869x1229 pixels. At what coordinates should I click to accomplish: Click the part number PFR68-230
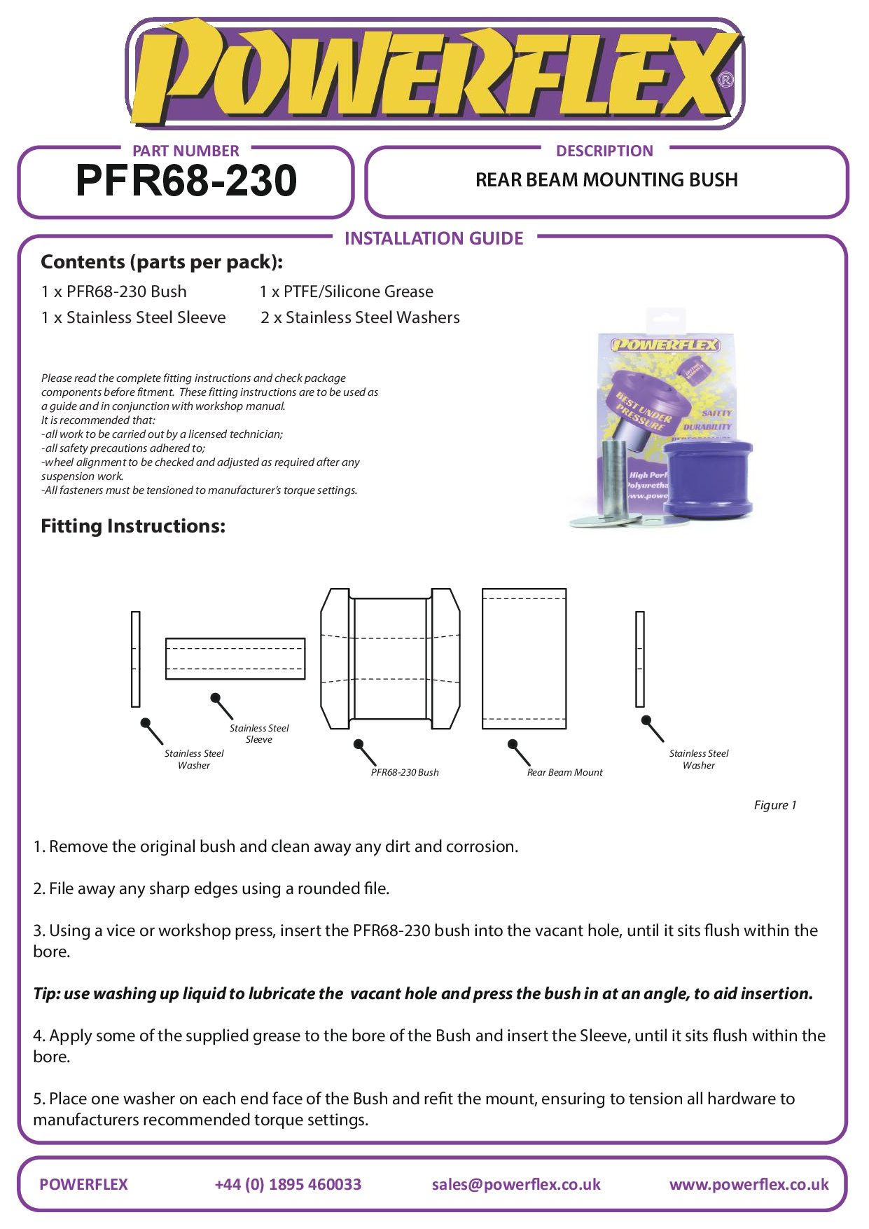point(186,181)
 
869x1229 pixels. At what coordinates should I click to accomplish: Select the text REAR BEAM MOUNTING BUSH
point(606,180)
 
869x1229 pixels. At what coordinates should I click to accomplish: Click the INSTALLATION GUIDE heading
point(433,239)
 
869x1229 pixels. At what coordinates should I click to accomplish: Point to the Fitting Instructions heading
point(133,526)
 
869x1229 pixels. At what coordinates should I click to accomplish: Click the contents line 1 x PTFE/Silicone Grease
point(346,291)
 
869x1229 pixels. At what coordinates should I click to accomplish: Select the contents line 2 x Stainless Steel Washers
point(360,317)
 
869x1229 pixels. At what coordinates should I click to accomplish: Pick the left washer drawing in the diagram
point(136,659)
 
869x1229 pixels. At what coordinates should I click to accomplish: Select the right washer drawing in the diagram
point(639,659)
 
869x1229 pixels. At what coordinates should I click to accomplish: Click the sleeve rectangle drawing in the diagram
point(235,659)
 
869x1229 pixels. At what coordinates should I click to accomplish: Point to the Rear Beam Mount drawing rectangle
point(524,659)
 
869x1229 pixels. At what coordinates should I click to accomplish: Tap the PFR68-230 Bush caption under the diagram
point(405,772)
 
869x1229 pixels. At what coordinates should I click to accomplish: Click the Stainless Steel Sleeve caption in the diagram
point(259,734)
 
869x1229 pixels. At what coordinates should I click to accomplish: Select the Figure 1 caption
point(774,805)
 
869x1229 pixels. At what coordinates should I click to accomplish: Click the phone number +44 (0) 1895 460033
point(288,1184)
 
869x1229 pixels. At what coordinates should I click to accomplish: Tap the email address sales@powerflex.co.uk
point(516,1184)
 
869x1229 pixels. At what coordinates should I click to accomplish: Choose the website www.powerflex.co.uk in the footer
point(749,1184)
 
